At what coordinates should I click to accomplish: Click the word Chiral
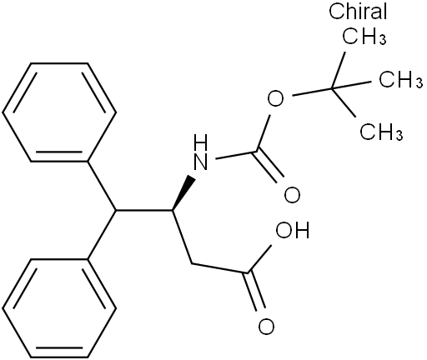pos(358,12)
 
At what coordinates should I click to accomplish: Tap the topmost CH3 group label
pos(364,36)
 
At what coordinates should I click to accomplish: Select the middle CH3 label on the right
pos(401,78)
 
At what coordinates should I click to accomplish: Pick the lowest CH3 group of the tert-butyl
pos(381,131)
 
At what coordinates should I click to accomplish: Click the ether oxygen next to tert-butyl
pos(275,99)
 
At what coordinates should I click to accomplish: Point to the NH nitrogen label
pos(201,152)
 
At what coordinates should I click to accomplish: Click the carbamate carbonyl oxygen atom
pos(292,194)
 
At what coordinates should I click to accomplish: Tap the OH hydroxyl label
pos(292,230)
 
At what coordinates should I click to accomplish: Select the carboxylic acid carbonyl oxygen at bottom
pos(266,326)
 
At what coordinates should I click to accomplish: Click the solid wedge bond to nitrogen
pos(183,192)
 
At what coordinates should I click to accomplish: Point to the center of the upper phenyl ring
pos(59,112)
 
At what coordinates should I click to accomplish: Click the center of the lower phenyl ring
pos(59,308)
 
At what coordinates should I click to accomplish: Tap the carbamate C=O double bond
pos(269,166)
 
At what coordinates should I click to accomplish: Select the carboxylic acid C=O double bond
pos(255,292)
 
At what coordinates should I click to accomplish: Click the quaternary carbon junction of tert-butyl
pos(332,88)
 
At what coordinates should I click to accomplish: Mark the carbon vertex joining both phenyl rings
pos(116,210)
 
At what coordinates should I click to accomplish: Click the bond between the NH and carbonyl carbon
pos(236,155)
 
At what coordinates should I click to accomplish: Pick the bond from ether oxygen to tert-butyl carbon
pos(312,92)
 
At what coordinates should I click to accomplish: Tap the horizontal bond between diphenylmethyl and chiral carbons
pos(144,210)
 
